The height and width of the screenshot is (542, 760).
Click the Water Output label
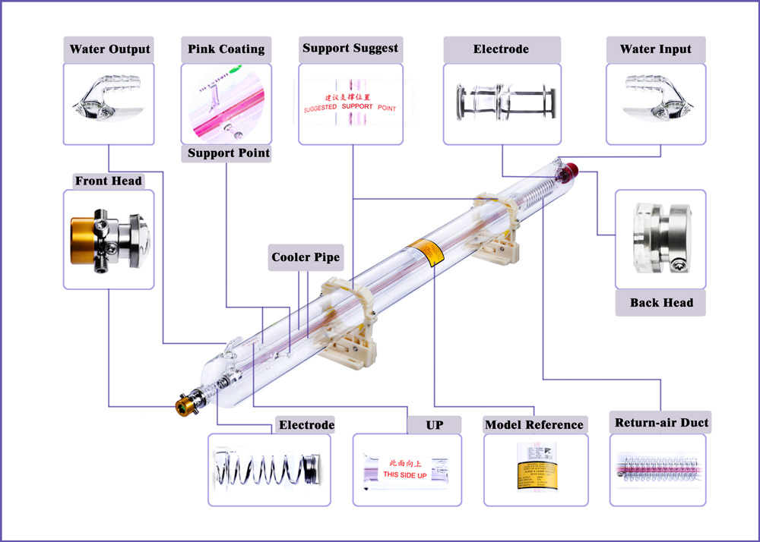pyautogui.click(x=109, y=50)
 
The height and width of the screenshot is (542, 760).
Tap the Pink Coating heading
pyautogui.click(x=226, y=50)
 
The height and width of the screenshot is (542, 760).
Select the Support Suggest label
pyautogui.click(x=350, y=49)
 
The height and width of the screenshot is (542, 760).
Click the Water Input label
pyautogui.click(x=655, y=50)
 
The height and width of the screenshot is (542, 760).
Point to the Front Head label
pyautogui.click(x=108, y=181)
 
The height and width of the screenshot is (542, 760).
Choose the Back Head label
pyautogui.click(x=661, y=303)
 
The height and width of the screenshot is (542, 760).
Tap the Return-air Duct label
pyautogui.click(x=661, y=423)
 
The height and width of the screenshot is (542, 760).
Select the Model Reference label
pyautogui.click(x=534, y=425)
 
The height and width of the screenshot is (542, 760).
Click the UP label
pyautogui.click(x=434, y=425)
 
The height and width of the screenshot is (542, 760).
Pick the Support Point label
pyautogui.click(x=228, y=153)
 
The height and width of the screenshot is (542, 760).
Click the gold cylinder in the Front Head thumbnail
pyautogui.click(x=83, y=240)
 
